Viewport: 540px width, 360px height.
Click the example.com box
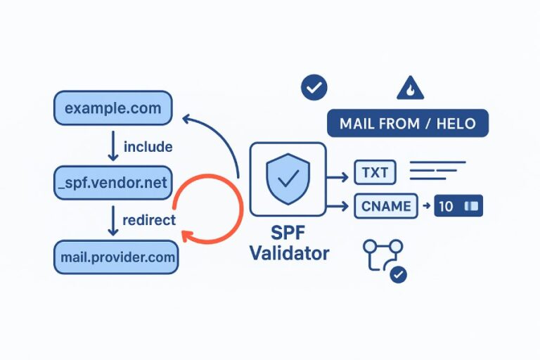(112, 109)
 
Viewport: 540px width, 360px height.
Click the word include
(148, 147)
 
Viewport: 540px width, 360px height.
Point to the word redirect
(148, 220)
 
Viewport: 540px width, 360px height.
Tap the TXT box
(375, 172)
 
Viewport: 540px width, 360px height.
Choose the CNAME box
(386, 206)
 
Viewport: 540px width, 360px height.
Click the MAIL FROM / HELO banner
(407, 124)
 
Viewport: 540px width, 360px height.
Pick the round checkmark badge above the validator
(314, 88)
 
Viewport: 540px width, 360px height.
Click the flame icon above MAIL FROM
(410, 88)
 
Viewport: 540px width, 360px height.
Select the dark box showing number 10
(458, 207)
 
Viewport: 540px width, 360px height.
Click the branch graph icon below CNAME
(383, 258)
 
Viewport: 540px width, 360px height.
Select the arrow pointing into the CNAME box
(340, 206)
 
